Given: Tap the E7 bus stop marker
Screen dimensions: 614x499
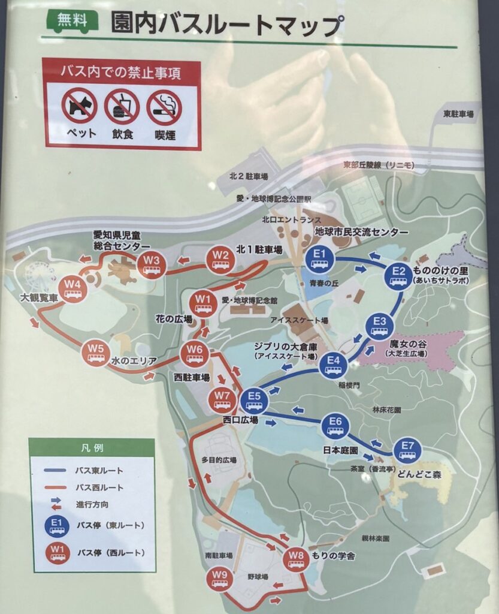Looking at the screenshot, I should pyautogui.click(x=408, y=450).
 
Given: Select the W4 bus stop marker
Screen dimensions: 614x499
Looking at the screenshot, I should pyautogui.click(x=73, y=288).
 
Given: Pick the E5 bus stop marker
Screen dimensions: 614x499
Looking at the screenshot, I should pyautogui.click(x=254, y=399).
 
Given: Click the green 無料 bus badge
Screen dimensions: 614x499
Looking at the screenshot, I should pyautogui.click(x=71, y=22).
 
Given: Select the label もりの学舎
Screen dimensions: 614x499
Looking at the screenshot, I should pyautogui.click(x=334, y=556).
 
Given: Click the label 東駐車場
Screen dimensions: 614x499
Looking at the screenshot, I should pyautogui.click(x=458, y=113).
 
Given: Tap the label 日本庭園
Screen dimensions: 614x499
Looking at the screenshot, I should pyautogui.click(x=340, y=450).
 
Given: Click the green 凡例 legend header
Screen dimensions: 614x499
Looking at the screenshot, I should pyautogui.click(x=92, y=447).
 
